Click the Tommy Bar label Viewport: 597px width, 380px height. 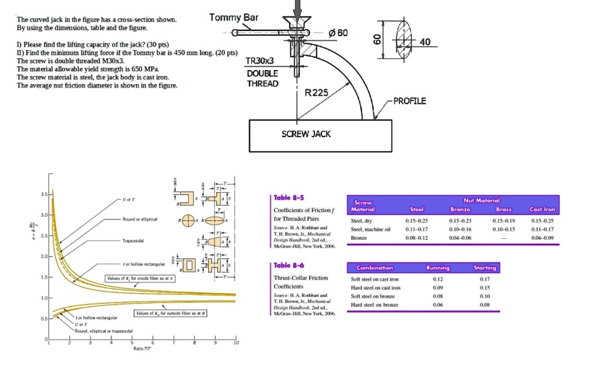coord(233,18)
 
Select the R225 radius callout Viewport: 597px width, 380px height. coord(317,93)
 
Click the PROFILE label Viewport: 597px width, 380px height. coord(410,101)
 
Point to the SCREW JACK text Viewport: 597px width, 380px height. coord(306,134)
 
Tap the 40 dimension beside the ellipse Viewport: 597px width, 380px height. coord(425,42)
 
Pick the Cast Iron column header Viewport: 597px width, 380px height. coord(542,209)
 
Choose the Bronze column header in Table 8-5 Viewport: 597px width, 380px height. coord(460,209)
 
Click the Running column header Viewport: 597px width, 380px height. coord(437,268)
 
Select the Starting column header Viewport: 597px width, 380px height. coord(484,268)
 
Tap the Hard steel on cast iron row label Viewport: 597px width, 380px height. coord(375,288)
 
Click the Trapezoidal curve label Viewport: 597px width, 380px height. coord(134,240)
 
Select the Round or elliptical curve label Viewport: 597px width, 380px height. coord(141,219)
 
